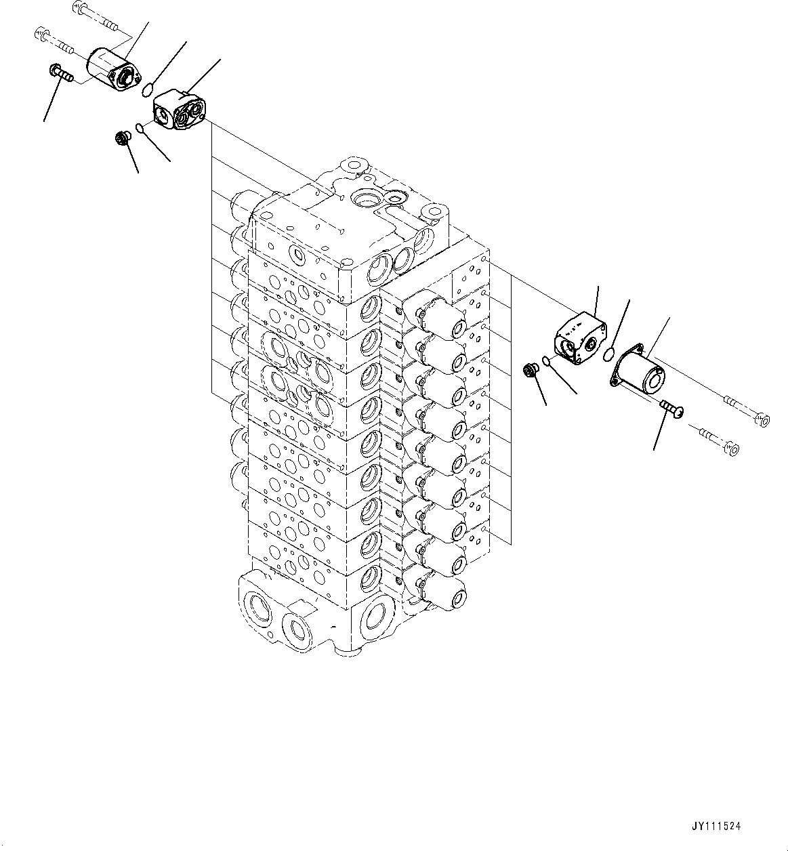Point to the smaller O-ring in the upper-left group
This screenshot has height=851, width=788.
140,127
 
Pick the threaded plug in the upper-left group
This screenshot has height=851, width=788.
123,139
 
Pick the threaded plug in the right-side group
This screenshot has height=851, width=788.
530,370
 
